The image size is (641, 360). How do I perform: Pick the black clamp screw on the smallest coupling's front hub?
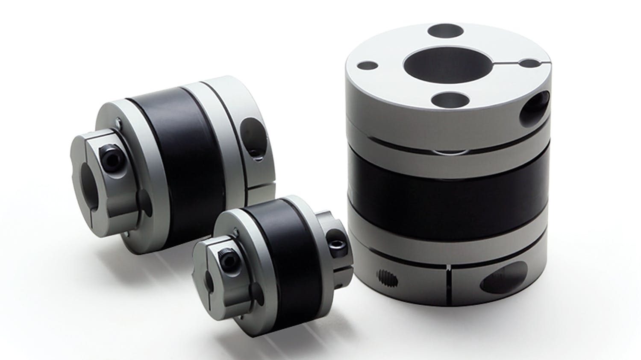point(225,255)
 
